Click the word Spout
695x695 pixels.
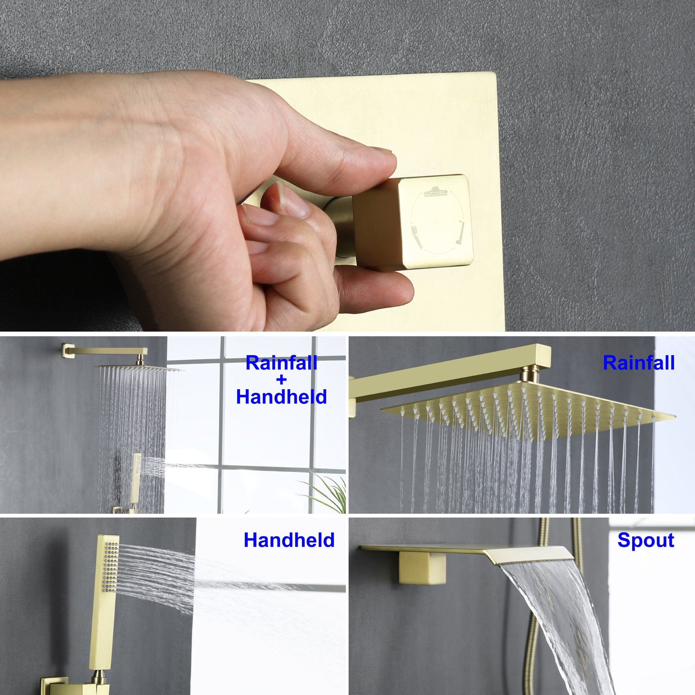click(x=646, y=540)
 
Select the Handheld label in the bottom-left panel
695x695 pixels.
click(x=289, y=540)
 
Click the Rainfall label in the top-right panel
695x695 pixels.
click(x=639, y=363)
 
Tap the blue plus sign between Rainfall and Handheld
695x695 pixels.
click(x=281, y=380)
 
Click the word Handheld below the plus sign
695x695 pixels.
click(x=281, y=397)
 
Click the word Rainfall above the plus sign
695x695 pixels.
click(x=281, y=363)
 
